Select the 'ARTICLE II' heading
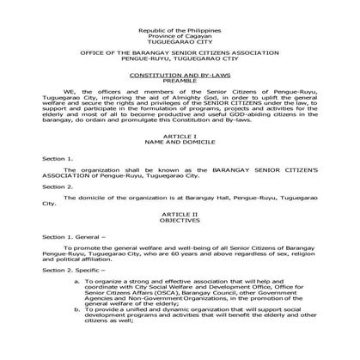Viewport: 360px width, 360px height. coord(180,233)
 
